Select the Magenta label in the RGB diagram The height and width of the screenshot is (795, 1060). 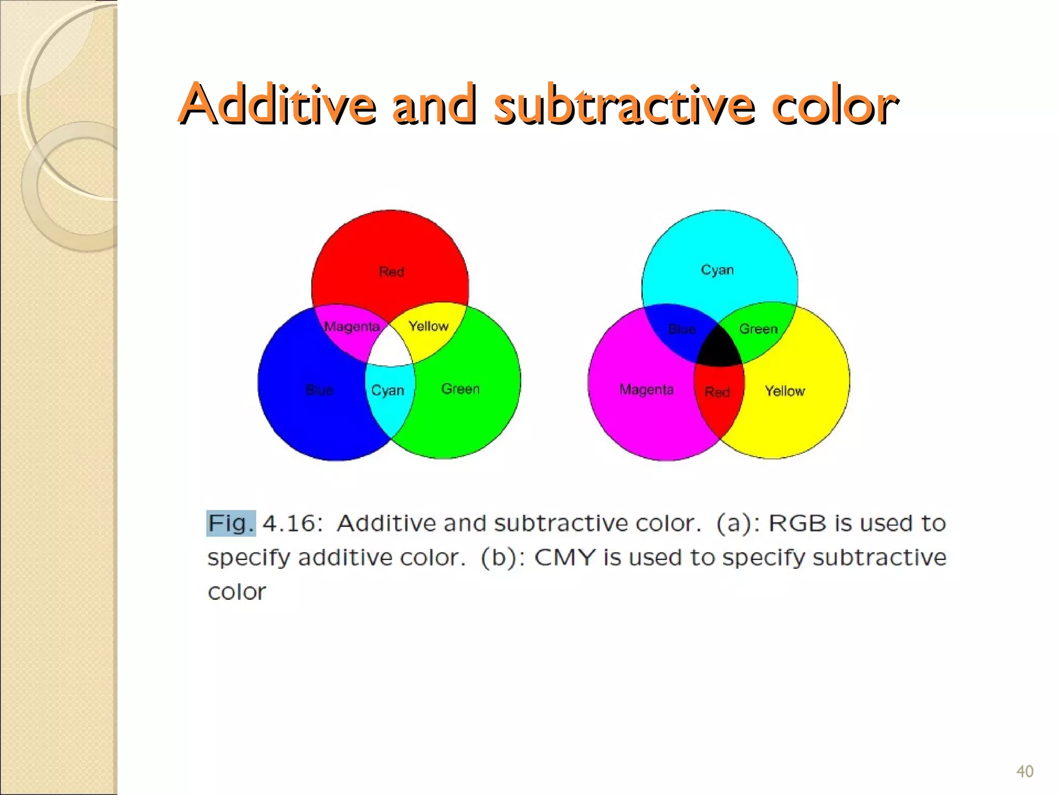click(x=351, y=327)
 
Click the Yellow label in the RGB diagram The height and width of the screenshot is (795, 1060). click(x=429, y=326)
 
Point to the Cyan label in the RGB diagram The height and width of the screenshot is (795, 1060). click(x=388, y=390)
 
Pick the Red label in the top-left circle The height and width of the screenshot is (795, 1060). click(x=391, y=272)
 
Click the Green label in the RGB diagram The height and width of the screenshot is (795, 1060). click(x=460, y=389)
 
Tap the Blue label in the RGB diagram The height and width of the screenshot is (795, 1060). click(x=319, y=390)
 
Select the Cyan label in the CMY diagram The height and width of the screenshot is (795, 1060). click(x=717, y=270)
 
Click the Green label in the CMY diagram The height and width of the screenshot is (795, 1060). click(x=758, y=329)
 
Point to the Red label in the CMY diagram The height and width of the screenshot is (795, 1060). click(x=717, y=392)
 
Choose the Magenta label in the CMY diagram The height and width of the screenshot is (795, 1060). click(x=646, y=389)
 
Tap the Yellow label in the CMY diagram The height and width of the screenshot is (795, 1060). click(x=785, y=391)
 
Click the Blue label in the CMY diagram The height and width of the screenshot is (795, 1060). click(x=682, y=329)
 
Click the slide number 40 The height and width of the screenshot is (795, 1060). click(x=1025, y=771)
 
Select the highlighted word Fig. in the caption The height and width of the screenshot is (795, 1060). click(x=231, y=523)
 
